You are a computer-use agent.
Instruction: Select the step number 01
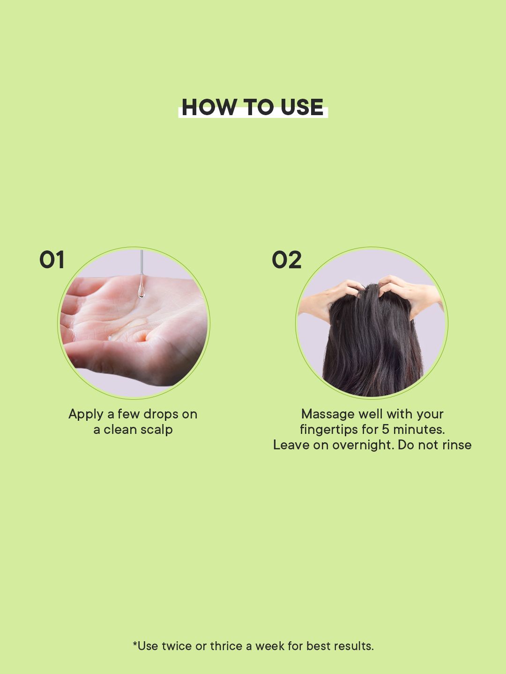pos(52,260)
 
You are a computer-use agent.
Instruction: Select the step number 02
pos(287,260)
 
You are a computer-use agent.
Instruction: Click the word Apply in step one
pos(86,415)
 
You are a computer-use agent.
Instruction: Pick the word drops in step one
pos(162,415)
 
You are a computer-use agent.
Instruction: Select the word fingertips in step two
pos(329,430)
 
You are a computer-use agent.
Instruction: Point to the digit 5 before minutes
pos(386,430)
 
